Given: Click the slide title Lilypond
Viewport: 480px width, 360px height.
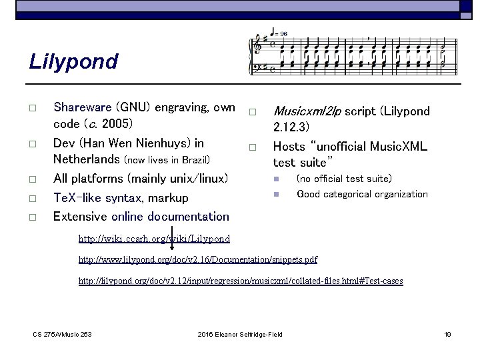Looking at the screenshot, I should pyautogui.click(x=73, y=62).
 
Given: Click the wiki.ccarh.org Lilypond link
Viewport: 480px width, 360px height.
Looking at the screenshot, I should pyautogui.click(x=154, y=239).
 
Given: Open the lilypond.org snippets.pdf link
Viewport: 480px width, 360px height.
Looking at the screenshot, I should pyautogui.click(x=198, y=259).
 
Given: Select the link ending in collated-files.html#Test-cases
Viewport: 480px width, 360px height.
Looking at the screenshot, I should pyautogui.click(x=241, y=281).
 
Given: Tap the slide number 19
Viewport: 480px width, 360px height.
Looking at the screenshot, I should pyautogui.click(x=447, y=334).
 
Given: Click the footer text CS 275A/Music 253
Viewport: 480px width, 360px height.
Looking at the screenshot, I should pyautogui.click(x=63, y=334).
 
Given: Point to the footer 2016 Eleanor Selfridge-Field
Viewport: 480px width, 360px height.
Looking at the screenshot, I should pyautogui.click(x=240, y=334).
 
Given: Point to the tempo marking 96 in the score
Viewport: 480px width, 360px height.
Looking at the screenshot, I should pyautogui.click(x=283, y=33).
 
